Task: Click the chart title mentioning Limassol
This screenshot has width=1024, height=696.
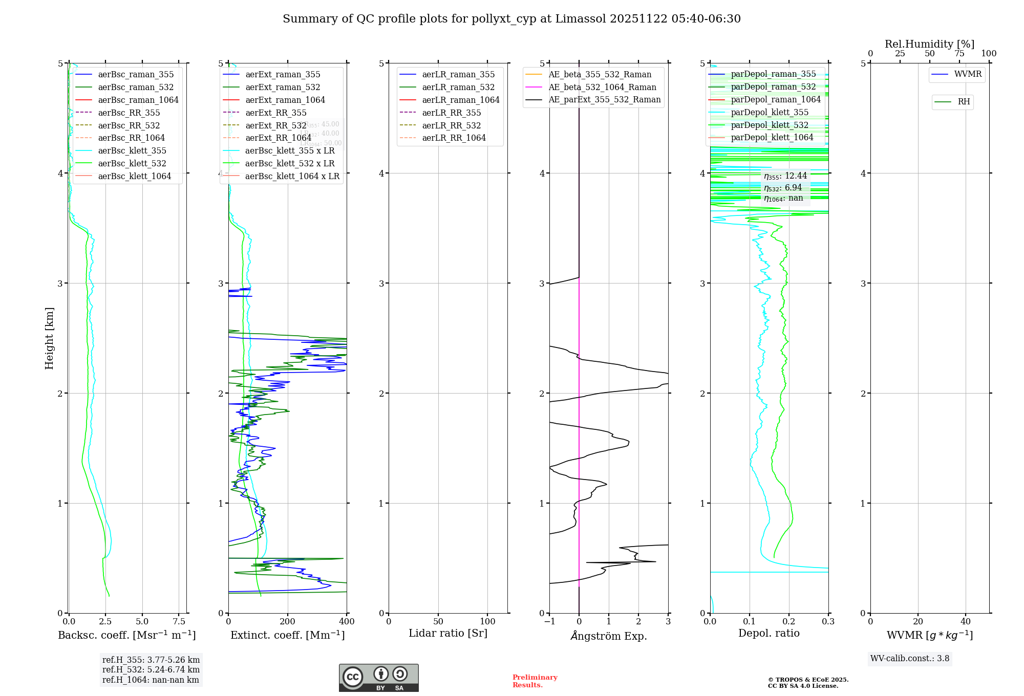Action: point(511,19)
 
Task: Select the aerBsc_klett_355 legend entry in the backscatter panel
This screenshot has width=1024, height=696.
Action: point(132,150)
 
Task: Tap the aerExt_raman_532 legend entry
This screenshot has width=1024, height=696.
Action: point(283,87)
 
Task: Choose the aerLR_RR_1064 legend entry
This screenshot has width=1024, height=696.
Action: point(454,138)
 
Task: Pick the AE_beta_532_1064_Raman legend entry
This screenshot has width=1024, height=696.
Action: point(602,87)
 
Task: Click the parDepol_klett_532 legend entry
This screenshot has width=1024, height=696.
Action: point(770,125)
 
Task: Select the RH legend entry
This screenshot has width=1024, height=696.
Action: point(964,102)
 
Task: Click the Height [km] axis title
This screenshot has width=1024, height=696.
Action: point(49,338)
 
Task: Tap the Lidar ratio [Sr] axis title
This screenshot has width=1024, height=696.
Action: point(448,633)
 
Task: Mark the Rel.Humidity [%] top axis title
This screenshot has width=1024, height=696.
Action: point(929,44)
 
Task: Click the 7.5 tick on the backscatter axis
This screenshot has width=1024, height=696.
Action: point(179,622)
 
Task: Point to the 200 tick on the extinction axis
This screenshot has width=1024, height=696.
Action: point(288,622)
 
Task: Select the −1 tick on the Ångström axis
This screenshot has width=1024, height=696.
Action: point(549,622)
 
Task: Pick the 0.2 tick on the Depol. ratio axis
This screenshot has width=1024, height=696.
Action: point(789,622)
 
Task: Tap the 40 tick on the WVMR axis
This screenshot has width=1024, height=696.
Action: point(966,622)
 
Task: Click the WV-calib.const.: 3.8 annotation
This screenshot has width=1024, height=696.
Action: point(910,659)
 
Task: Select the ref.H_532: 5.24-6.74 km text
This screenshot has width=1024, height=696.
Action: point(151,669)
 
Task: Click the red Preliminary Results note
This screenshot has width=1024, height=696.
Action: point(535,681)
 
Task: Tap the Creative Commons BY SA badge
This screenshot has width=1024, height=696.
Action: point(378,678)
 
